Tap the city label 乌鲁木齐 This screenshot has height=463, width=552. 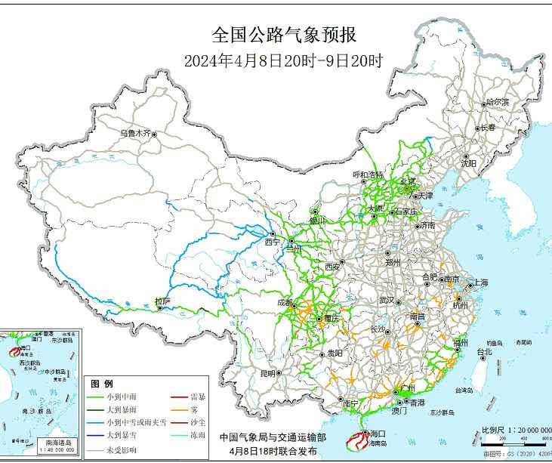pos(135,133)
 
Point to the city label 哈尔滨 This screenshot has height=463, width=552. pos(498,101)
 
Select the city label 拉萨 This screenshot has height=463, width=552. pos(162,301)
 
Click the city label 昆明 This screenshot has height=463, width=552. pos(267,373)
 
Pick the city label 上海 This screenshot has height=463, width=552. pos(480,282)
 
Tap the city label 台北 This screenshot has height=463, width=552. pos(483,352)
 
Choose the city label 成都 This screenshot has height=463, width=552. pos(285,302)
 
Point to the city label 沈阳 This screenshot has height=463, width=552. pos(469,162)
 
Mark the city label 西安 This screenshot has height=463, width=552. pos(333,267)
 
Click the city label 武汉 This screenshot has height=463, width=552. pos(388,300)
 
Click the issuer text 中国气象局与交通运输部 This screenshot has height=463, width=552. pos(273,437)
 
